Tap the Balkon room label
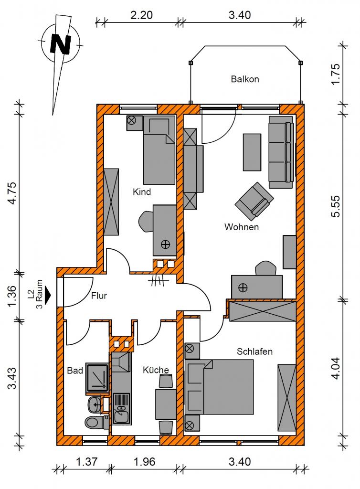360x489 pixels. pyautogui.click(x=245, y=79)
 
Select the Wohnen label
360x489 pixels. pyautogui.click(x=242, y=227)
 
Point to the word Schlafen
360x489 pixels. pyautogui.click(x=254, y=351)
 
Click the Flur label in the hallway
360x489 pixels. pyautogui.click(x=99, y=295)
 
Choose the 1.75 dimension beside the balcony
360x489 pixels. pyautogui.click(x=336, y=74)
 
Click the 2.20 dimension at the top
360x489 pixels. pyautogui.click(x=141, y=15)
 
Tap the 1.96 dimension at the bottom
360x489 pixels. pyautogui.click(x=144, y=462)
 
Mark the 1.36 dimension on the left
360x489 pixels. pyautogui.click(x=11, y=296)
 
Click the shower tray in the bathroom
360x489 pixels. pyautogui.click(x=97, y=379)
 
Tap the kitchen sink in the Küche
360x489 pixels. pyautogui.click(x=121, y=408)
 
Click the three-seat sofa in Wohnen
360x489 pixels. pyautogui.click(x=281, y=152)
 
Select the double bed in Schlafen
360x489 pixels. pyautogui.click(x=219, y=387)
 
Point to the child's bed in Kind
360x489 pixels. pyautogui.click(x=159, y=150)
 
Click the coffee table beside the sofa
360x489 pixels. pyautogui.click(x=252, y=152)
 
